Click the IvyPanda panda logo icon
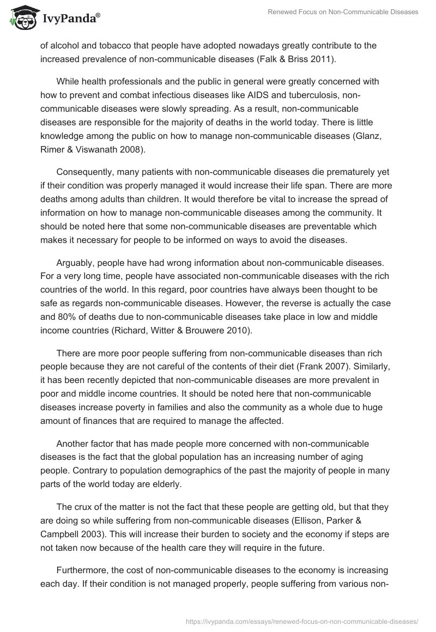(x=21, y=19)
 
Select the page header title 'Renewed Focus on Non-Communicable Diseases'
(x=343, y=12)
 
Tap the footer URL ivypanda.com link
(x=302, y=621)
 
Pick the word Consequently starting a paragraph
(x=87, y=172)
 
